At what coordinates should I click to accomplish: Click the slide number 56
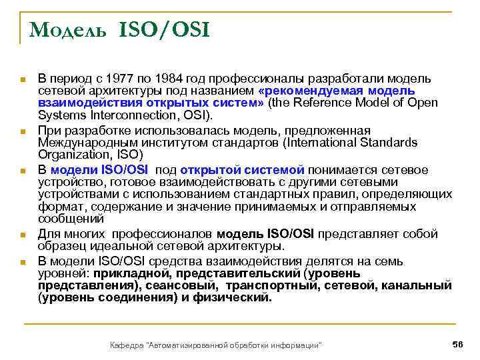pyautogui.click(x=457, y=343)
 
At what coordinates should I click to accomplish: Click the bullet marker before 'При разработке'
pyautogui.click(x=23, y=131)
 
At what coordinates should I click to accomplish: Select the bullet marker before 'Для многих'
pyautogui.click(x=23, y=235)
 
